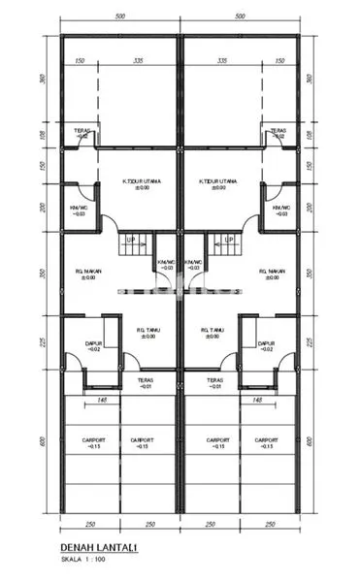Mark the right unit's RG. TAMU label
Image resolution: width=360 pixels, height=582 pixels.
pyautogui.click(x=213, y=332)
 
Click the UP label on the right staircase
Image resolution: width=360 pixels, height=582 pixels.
pyautogui.click(x=227, y=239)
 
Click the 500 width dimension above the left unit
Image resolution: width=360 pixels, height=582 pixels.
pyautogui.click(x=119, y=17)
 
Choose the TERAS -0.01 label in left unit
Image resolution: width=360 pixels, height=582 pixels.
pyautogui.click(x=146, y=383)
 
